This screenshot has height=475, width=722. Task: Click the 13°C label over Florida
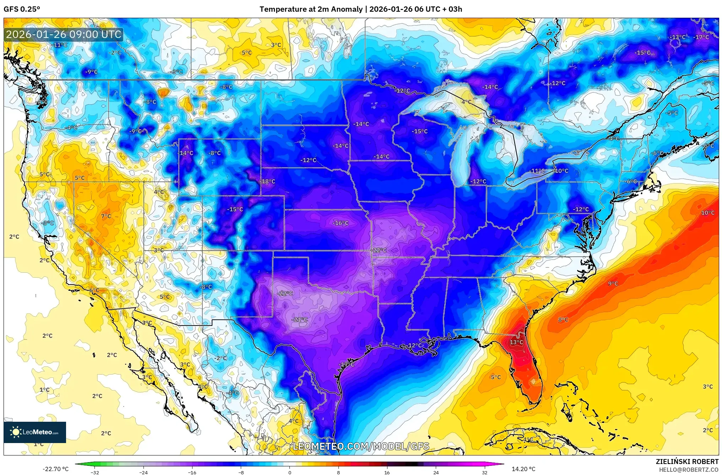(x=516, y=342)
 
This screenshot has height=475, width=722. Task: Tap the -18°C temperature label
(x=268, y=181)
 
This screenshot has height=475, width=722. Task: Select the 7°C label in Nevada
(x=106, y=216)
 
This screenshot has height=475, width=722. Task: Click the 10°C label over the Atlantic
(x=707, y=213)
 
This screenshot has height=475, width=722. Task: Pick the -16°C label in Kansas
(x=341, y=223)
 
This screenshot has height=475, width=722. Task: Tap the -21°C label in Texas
(x=299, y=320)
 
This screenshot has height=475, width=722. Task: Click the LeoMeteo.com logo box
(x=35, y=432)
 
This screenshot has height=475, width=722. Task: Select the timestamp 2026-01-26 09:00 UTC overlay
(x=64, y=34)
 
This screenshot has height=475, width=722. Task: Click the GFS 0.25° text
(x=22, y=9)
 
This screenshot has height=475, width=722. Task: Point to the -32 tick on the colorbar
(x=94, y=473)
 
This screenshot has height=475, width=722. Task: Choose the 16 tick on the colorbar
(x=387, y=473)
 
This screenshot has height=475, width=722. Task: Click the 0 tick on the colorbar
(x=289, y=473)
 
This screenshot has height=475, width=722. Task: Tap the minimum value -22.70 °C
(x=55, y=469)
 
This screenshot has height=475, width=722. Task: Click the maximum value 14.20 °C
(x=523, y=469)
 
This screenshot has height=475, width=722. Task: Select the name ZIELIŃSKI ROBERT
(x=687, y=462)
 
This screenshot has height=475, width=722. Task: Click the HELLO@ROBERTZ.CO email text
(x=689, y=470)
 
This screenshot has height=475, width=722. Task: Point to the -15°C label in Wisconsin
(x=419, y=131)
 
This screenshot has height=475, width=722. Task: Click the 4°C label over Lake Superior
(x=466, y=102)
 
